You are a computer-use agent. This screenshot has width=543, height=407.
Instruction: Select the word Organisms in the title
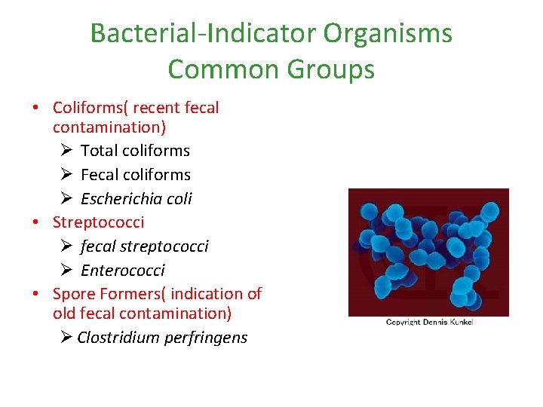388,33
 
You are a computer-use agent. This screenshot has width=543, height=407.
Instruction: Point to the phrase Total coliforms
135,151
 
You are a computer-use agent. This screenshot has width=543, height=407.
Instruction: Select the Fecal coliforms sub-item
136,175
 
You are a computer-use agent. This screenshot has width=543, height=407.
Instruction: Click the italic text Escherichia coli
137,199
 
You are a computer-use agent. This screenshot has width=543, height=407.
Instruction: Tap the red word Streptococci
98,222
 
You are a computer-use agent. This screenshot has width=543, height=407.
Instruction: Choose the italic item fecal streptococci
145,246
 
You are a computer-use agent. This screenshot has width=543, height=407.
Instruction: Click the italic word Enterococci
122,271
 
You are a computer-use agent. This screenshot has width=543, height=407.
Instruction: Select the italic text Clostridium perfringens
162,338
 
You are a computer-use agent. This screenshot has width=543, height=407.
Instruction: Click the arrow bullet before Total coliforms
66,151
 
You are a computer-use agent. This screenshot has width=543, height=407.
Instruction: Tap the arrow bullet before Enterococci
66,271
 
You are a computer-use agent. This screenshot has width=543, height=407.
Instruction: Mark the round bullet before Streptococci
35,222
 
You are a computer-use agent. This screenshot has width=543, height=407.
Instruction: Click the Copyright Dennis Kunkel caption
429,323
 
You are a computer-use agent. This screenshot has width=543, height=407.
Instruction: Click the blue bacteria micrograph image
428,252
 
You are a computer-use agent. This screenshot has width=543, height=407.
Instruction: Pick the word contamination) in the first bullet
109,127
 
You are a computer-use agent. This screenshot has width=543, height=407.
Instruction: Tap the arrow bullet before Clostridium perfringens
66,338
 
